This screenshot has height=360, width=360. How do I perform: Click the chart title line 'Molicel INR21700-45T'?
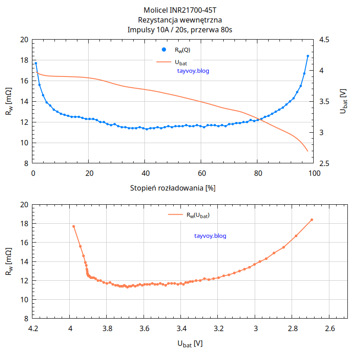(x=180, y=10)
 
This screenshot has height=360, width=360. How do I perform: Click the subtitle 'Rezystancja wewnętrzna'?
(x=180, y=20)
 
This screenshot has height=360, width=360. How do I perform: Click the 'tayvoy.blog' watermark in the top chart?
(x=193, y=71)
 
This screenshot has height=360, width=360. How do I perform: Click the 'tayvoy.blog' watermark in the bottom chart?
(x=210, y=236)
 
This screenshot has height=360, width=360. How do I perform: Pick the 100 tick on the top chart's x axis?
(x=314, y=173)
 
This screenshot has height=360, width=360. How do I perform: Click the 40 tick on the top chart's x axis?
(x=144, y=173)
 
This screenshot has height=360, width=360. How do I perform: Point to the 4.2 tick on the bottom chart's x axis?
(x=33, y=328)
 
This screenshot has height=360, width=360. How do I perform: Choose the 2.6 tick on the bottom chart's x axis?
(x=329, y=328)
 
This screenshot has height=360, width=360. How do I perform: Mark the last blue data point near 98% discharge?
(x=308, y=56)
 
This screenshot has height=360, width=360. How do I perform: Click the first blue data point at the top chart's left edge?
(x=36, y=63)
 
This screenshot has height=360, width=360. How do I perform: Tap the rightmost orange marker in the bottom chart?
(x=311, y=220)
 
